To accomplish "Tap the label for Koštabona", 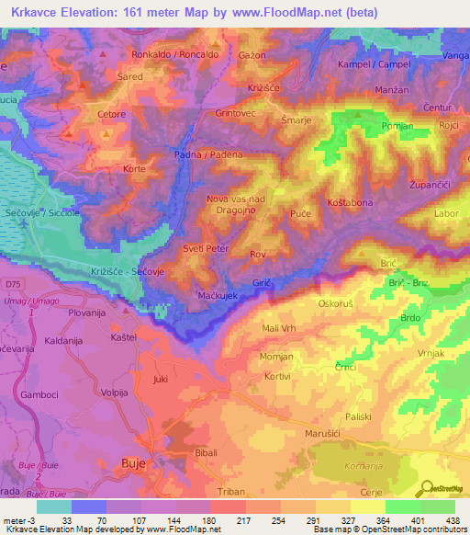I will [348, 201].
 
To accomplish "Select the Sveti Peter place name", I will [205, 249].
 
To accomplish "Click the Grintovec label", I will [237, 113].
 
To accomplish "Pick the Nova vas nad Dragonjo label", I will [236, 205].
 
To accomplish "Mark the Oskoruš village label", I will [334, 302].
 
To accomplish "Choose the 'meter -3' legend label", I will [18, 518].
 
